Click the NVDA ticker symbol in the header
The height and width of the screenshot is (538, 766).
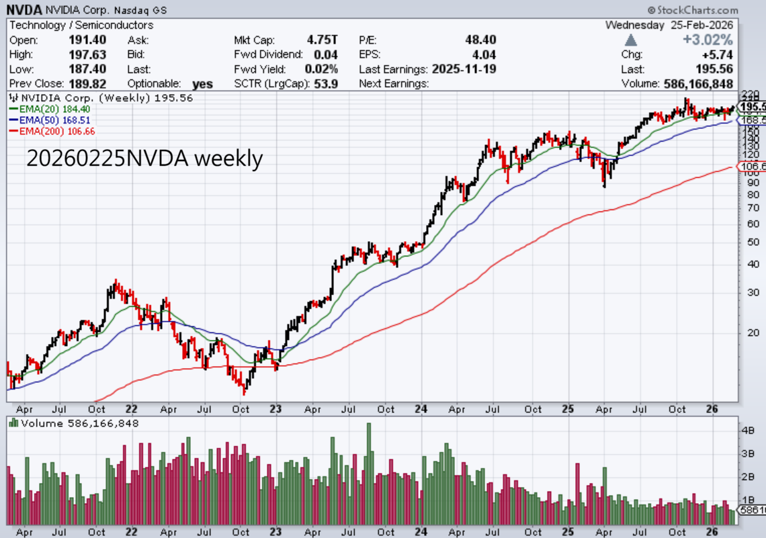24,10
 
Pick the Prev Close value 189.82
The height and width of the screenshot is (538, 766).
89,84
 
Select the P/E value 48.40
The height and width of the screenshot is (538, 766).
480,40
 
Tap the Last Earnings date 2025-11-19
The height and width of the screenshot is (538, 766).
464,69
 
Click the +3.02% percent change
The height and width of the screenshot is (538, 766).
708,40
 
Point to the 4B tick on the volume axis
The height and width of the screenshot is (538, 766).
747,430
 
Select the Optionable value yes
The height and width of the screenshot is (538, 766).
202,84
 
